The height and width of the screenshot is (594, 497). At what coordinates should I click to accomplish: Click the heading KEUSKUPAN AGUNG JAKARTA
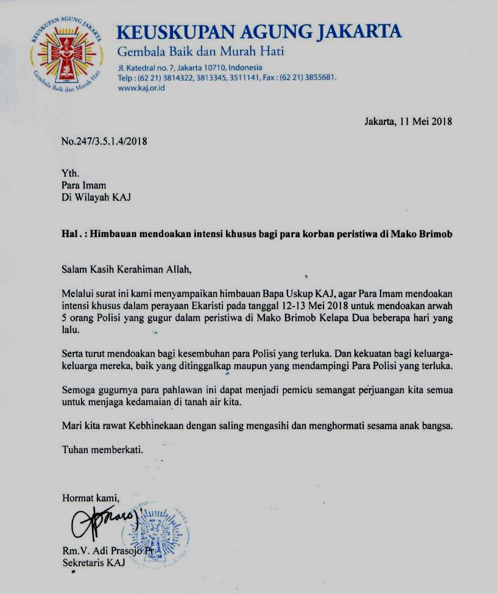(x=259, y=32)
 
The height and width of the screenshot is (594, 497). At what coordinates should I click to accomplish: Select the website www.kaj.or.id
(x=141, y=88)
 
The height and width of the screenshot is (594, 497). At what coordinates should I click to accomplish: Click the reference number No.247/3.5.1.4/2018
(x=104, y=141)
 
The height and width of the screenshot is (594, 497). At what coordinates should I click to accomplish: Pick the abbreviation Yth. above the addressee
(x=71, y=174)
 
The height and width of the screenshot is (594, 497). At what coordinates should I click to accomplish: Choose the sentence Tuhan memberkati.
(x=102, y=450)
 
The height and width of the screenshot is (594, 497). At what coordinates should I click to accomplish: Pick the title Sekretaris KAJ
(x=93, y=562)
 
